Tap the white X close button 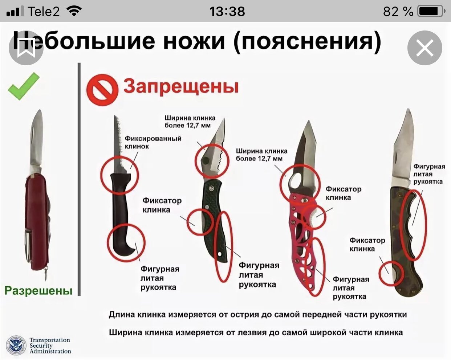(x=424, y=48)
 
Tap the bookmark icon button (x=26, y=48)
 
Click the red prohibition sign (x=102, y=90)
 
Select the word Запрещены (x=181, y=86)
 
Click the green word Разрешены (x=38, y=290)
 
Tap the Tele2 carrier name (x=44, y=11)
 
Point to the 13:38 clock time (x=227, y=11)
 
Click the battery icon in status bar (x=431, y=11)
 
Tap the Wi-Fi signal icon (x=74, y=11)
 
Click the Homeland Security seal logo (x=16, y=345)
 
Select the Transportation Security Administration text (x=50, y=345)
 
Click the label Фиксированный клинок (x=153, y=142)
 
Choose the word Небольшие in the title (x=84, y=41)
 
